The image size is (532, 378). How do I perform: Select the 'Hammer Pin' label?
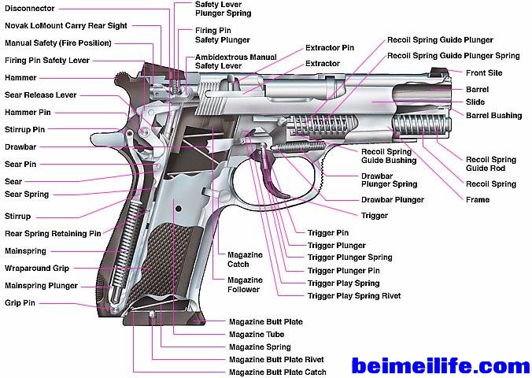(28, 113)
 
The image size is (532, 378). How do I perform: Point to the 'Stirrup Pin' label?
(25, 129)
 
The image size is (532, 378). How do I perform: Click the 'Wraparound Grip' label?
(36, 269)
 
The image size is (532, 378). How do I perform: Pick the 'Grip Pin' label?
(19, 302)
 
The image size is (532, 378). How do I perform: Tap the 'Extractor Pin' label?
(330, 48)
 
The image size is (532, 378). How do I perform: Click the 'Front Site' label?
(484, 73)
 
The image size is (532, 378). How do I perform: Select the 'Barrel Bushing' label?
(493, 116)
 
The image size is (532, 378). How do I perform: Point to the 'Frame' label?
(478, 200)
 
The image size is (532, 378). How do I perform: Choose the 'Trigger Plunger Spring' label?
(349, 258)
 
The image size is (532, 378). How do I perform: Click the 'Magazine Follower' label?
(245, 285)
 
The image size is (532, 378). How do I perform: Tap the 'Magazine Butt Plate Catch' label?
(277, 372)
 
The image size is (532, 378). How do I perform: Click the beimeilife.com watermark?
(441, 366)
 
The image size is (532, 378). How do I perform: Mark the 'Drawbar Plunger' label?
(393, 200)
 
